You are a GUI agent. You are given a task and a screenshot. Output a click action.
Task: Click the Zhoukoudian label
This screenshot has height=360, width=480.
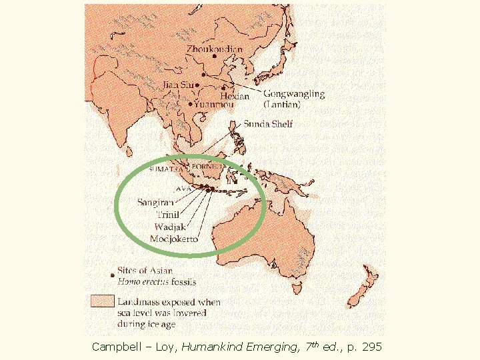pos(214,49)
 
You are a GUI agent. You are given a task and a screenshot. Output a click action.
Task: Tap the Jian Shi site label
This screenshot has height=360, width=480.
pos(178,85)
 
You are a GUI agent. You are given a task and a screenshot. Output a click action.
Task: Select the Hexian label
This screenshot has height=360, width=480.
pos(234,96)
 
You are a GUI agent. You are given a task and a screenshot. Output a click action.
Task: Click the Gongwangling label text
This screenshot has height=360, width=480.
pos(294,94)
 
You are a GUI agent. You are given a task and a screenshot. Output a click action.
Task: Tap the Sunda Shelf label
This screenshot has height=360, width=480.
pos(268,124)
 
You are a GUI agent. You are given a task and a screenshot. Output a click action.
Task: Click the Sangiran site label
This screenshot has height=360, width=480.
pos(155,201)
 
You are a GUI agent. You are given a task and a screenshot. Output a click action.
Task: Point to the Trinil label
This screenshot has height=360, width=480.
pos(167,214)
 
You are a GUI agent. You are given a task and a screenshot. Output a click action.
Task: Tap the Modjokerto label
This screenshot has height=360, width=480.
pos(174,239)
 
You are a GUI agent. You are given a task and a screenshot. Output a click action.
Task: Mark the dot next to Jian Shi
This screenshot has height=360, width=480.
pos(198,85)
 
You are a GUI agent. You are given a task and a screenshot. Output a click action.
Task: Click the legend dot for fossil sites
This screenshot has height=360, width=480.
pos(111,273)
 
